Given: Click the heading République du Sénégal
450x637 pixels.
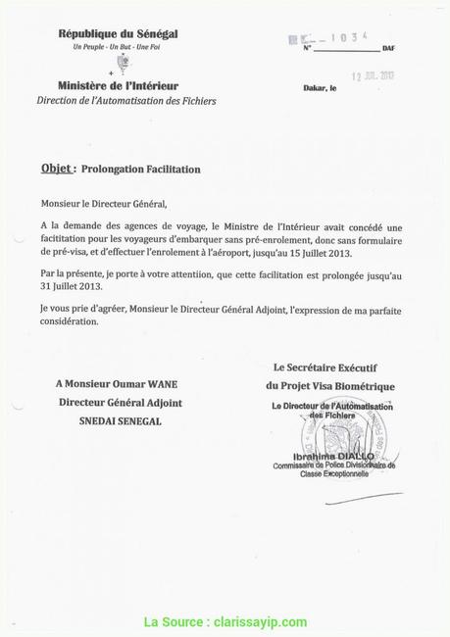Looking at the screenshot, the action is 118,34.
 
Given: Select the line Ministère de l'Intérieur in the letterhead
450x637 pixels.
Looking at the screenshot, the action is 118,86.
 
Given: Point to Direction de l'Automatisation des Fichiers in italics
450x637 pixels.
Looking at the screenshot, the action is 126,101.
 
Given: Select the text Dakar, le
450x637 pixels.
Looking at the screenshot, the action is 320,88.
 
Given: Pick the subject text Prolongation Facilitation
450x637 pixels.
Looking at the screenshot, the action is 140,170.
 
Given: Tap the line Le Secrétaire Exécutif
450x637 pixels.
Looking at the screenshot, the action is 329,367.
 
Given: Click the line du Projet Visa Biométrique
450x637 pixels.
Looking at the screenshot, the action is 330,386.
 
